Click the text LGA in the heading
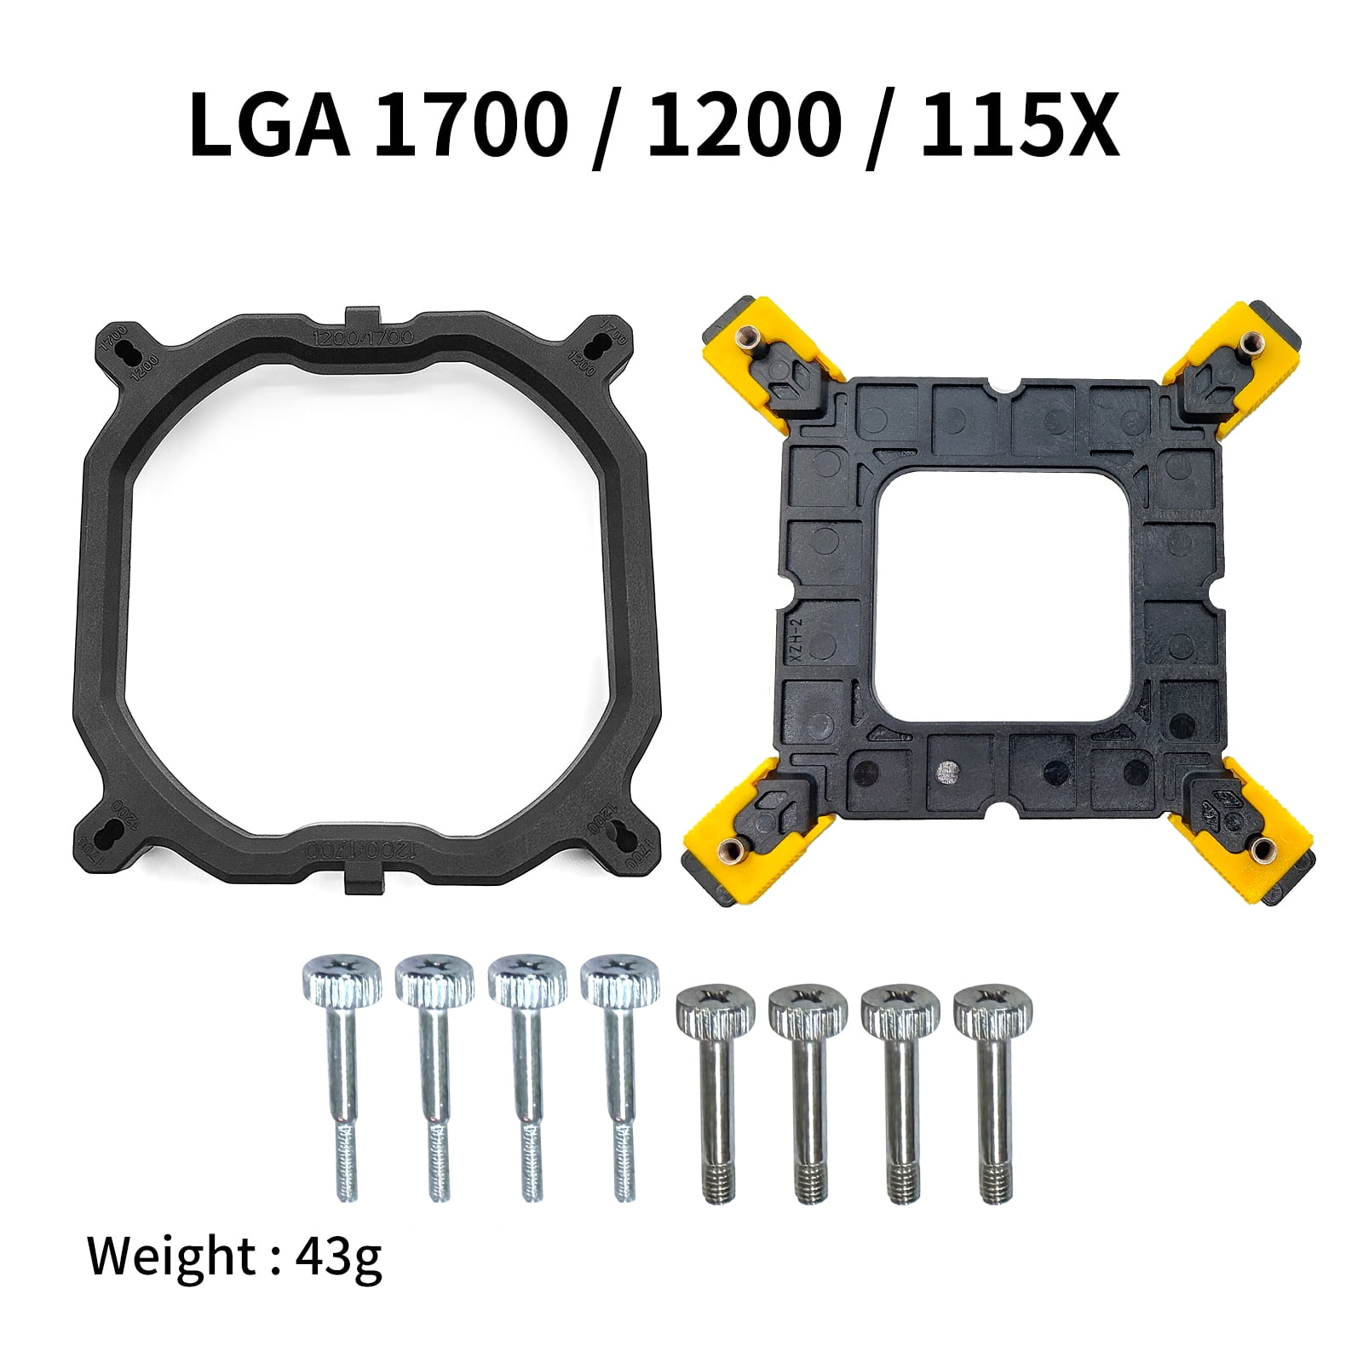268,125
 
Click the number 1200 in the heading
741,125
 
